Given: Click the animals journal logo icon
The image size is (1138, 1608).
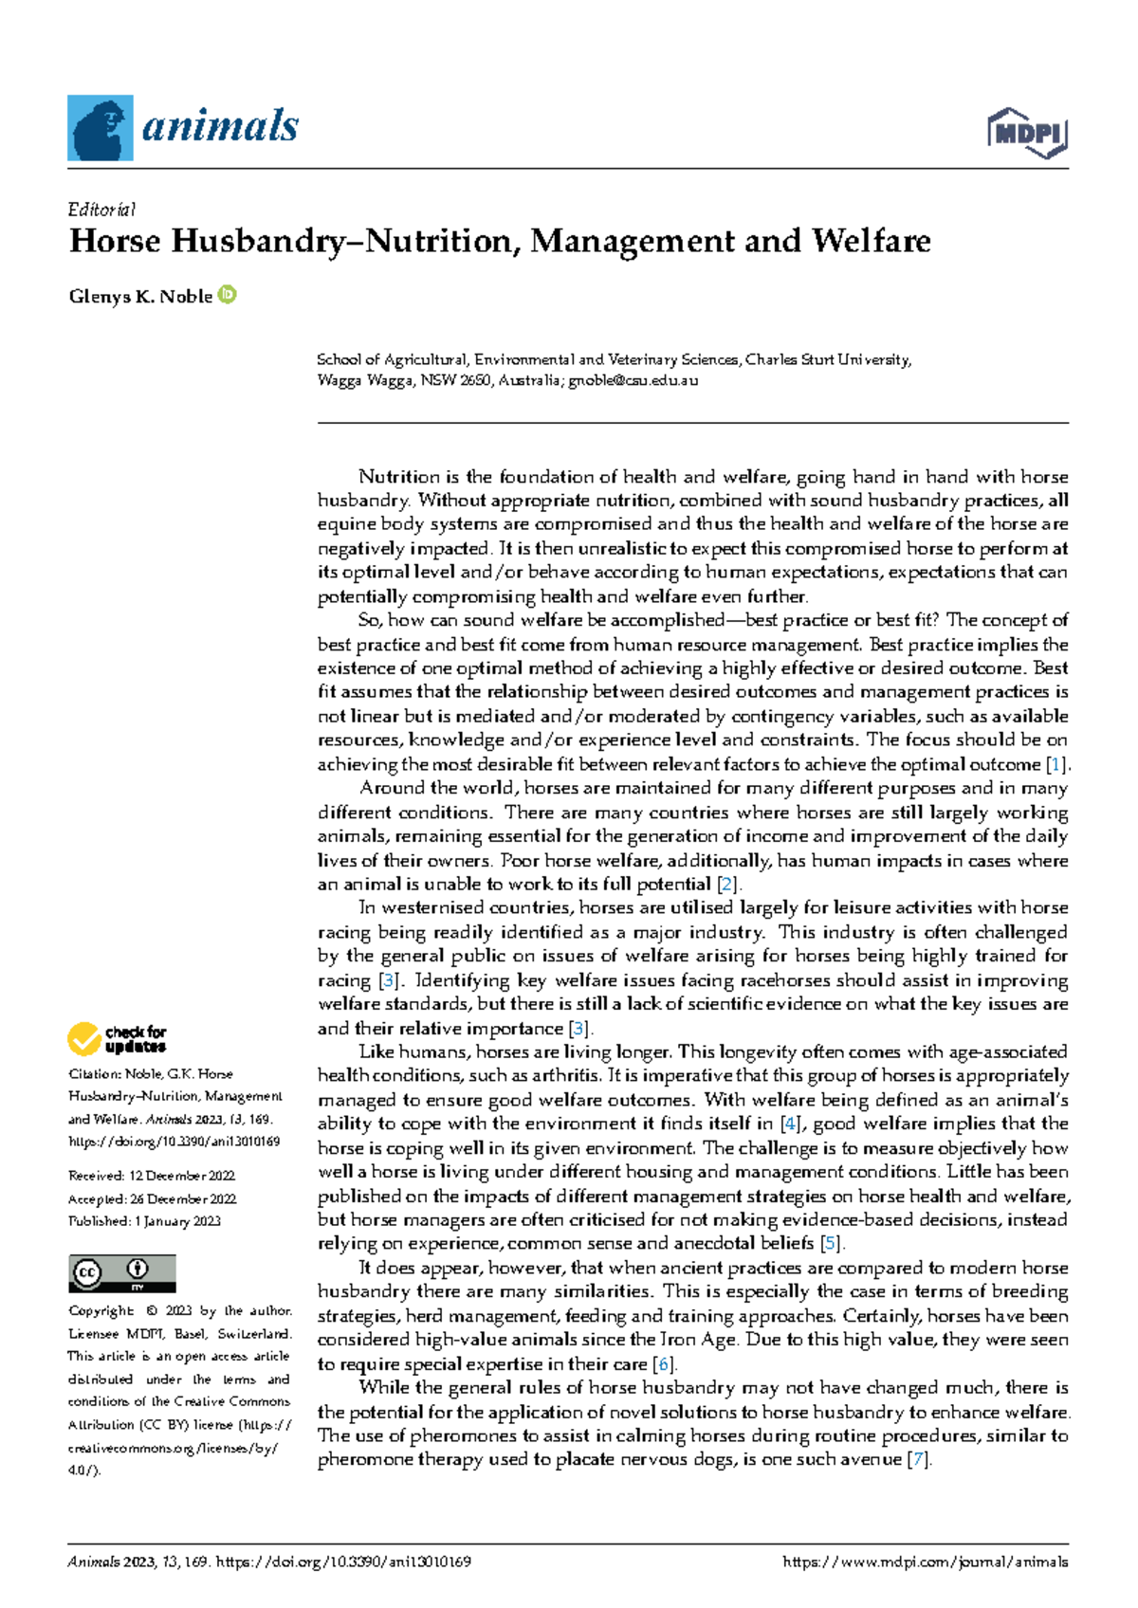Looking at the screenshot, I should (100, 128).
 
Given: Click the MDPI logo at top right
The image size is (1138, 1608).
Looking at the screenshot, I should (1028, 134).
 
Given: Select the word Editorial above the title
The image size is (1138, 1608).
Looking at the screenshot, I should (102, 210).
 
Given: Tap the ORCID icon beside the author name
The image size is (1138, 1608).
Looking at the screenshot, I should (228, 295).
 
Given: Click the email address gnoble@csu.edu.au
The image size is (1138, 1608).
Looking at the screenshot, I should (633, 381).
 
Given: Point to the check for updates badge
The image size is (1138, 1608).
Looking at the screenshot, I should (117, 1039).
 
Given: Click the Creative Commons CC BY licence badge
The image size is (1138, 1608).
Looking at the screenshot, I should (121, 1272).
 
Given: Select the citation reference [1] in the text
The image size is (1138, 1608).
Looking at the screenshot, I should (1055, 764).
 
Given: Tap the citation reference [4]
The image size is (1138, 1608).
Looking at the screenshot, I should (789, 1124).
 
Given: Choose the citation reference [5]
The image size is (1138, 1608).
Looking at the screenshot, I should (831, 1244).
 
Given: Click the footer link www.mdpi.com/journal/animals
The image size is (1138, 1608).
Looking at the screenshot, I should (926, 1562).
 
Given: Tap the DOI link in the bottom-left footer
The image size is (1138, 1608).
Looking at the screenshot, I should (343, 1562).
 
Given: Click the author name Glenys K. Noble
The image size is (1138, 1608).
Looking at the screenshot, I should (140, 296).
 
